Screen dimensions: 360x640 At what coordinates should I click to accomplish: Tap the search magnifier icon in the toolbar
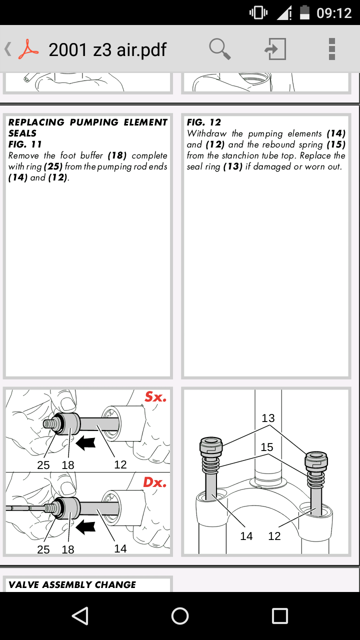click(219, 49)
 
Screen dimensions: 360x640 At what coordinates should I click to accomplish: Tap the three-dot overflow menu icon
click(331, 49)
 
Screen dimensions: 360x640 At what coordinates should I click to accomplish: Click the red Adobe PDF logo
click(28, 49)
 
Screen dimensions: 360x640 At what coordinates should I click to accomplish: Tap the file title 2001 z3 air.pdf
click(107, 50)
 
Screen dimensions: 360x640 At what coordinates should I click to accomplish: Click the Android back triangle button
click(80, 615)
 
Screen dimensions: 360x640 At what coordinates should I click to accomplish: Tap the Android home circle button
click(180, 615)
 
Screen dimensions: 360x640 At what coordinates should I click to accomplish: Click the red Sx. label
click(155, 397)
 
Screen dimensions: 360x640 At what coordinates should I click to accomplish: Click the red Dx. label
click(154, 482)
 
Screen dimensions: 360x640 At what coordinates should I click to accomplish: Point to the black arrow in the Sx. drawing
click(85, 443)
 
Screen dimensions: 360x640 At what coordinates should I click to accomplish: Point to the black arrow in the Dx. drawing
click(85, 527)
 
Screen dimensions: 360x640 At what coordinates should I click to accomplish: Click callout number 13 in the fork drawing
click(268, 418)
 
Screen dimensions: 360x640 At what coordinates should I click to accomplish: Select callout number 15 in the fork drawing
click(267, 447)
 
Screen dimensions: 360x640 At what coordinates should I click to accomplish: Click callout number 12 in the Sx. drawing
click(120, 465)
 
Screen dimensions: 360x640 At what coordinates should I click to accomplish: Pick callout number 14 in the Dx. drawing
click(120, 548)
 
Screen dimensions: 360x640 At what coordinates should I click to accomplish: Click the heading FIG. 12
click(203, 122)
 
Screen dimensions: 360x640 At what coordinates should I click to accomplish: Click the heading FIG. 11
click(25, 144)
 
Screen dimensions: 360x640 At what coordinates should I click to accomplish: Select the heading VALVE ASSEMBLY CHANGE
click(72, 585)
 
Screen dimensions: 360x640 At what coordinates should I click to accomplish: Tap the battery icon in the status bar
click(304, 12)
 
